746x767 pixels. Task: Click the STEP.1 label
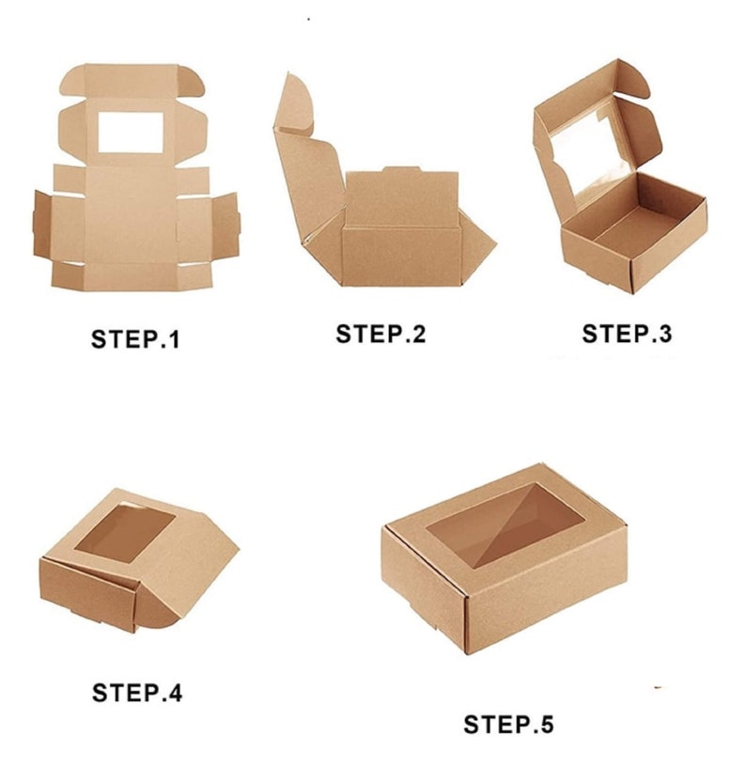pos(134,339)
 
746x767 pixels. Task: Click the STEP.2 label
pos(381,334)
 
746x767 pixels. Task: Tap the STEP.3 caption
pos(627,334)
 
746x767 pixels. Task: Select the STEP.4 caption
pos(137,693)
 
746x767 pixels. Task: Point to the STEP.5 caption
pos(508,725)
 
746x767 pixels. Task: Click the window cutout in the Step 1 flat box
pos(133,134)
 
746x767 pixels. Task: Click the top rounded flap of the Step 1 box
pos(133,80)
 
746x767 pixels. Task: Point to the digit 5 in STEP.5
pos(546,725)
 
